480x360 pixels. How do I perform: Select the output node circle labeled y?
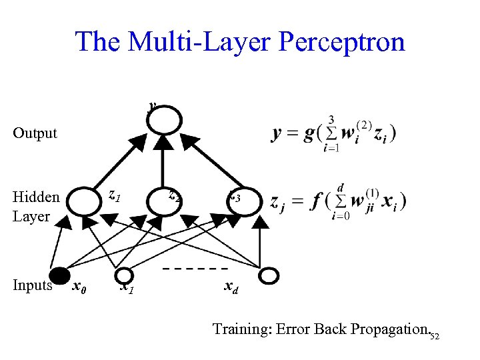163,119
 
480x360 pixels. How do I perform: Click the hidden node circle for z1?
85,201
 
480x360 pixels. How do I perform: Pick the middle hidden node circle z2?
163,201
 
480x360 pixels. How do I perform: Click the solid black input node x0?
60,275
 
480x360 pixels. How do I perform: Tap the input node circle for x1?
125,275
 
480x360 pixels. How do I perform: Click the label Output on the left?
35,133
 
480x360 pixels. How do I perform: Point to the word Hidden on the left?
36,197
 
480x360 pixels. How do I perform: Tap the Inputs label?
33,285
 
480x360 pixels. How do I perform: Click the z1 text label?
114,196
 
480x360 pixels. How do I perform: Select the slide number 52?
435,335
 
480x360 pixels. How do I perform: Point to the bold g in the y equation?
307,133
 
